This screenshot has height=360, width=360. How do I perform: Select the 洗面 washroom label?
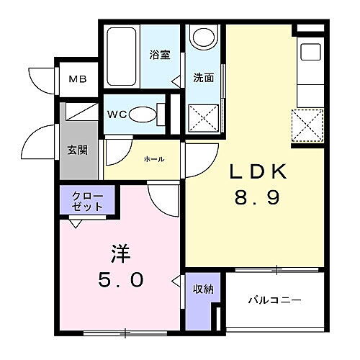[x=202, y=78]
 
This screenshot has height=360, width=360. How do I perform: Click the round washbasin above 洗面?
[x=204, y=37]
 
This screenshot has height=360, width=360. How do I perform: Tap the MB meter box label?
[x=78, y=79]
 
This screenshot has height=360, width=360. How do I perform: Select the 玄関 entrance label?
[x=77, y=150]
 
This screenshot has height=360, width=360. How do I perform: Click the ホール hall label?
[x=154, y=159]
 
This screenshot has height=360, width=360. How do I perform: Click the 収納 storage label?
[x=202, y=289]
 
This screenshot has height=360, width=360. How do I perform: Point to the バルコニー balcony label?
[x=275, y=300]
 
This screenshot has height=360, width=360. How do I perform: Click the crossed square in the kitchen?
[x=307, y=125]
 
